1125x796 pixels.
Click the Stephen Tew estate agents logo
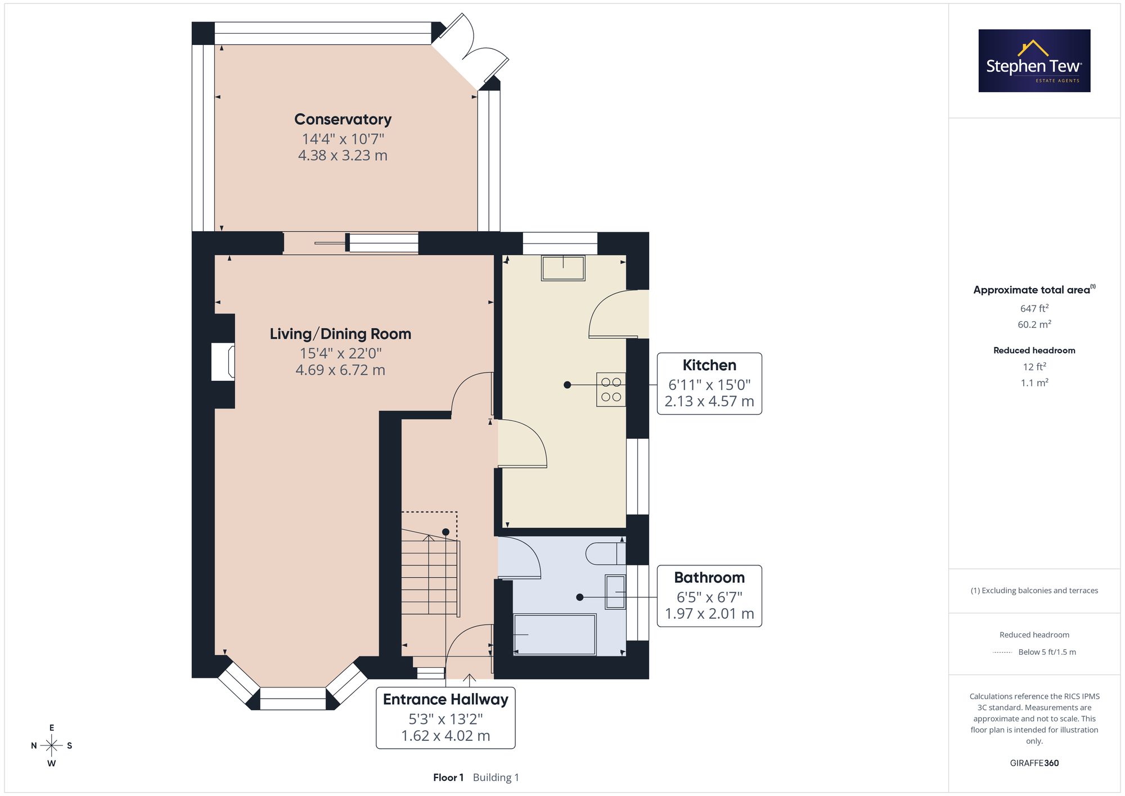(x=1034, y=61)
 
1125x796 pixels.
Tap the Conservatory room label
(x=343, y=119)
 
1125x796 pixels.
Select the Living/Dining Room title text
(x=340, y=334)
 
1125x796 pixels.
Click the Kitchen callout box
(x=709, y=384)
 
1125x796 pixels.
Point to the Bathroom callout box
(x=709, y=596)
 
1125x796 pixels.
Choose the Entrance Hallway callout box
(x=445, y=718)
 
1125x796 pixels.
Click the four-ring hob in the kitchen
(x=611, y=389)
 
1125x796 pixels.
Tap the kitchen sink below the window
(x=563, y=268)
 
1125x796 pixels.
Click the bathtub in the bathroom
(x=555, y=635)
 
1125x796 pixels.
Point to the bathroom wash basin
(x=615, y=592)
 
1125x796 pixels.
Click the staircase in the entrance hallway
(x=430, y=574)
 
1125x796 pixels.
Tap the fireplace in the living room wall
(x=223, y=361)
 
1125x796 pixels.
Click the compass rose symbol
(x=52, y=746)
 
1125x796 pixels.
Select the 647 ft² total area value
(x=1034, y=308)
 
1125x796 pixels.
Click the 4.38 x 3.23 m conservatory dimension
(x=343, y=155)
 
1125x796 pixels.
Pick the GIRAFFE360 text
(x=1034, y=763)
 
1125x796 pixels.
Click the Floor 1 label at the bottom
(x=448, y=777)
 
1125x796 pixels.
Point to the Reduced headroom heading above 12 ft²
(x=1034, y=350)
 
